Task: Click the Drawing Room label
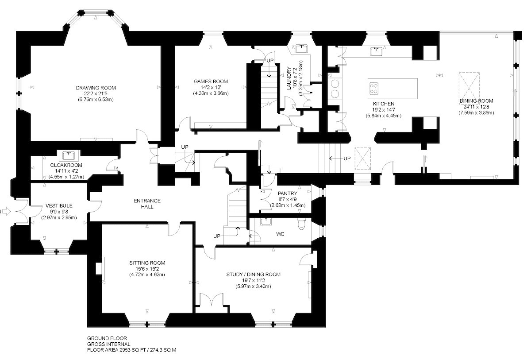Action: point(96,88)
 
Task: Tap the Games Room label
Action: point(211,81)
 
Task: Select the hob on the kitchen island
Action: point(374,89)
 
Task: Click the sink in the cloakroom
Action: point(69,155)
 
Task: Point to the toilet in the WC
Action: point(302,224)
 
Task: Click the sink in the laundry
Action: point(301,48)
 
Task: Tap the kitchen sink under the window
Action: point(377,51)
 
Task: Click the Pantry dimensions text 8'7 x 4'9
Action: point(287,199)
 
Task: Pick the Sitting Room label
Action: point(147,263)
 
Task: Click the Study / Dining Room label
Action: point(254,275)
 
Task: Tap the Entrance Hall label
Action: point(147,204)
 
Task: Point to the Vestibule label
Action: point(59,205)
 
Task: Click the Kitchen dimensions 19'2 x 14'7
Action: point(384,110)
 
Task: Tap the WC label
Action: point(280,234)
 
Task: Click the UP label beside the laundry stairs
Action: point(270,61)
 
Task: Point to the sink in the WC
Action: point(266,222)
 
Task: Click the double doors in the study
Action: point(212,300)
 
